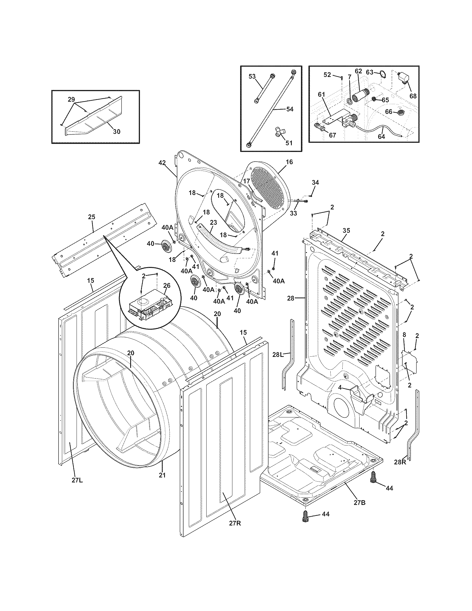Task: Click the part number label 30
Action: (117, 131)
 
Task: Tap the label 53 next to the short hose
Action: (252, 76)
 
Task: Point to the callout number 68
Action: (413, 96)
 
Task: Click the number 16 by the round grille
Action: (289, 162)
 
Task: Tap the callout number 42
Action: (162, 163)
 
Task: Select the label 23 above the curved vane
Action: (213, 222)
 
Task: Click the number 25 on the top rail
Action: (92, 217)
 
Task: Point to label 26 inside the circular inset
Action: (167, 285)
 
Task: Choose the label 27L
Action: (77, 481)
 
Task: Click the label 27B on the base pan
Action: (359, 503)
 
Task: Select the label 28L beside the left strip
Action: (278, 355)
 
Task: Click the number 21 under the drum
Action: (162, 475)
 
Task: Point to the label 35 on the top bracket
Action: (346, 231)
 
